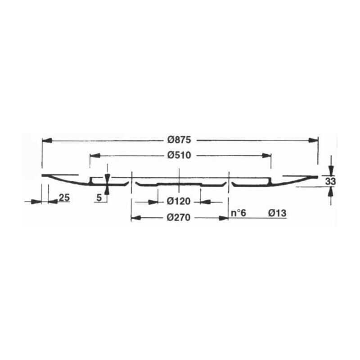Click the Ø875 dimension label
click(x=179, y=140)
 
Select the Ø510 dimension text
click(x=179, y=155)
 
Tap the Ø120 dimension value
click(x=179, y=201)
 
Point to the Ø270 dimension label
click(x=179, y=217)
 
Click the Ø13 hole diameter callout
click(x=277, y=213)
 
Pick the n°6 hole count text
click(x=238, y=213)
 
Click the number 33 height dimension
click(x=331, y=181)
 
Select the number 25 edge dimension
click(x=64, y=198)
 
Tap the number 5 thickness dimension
click(x=99, y=198)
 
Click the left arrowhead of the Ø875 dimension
click(x=47, y=140)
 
